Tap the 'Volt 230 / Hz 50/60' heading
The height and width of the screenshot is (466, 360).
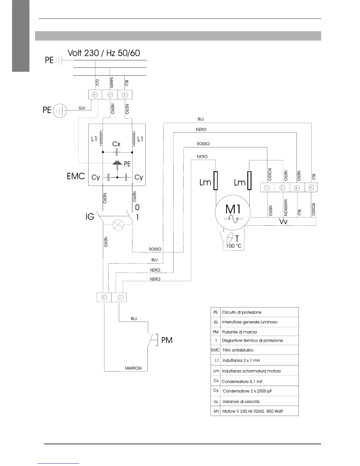click(104, 53)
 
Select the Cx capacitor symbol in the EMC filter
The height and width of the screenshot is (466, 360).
click(117, 152)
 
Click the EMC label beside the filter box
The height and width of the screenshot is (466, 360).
click(76, 176)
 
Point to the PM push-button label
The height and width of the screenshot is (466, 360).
click(167, 340)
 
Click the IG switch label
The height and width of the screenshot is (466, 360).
click(90, 217)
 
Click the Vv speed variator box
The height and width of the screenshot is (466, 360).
click(283, 222)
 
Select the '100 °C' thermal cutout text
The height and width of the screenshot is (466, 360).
click(234, 246)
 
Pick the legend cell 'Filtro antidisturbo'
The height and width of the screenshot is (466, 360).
click(238, 350)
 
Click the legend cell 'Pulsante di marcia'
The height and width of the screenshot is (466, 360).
click(239, 332)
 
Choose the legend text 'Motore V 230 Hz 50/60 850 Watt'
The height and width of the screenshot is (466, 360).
click(252, 411)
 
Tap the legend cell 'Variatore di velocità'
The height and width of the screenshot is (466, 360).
click(241, 402)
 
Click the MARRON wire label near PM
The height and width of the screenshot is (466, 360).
click(133, 368)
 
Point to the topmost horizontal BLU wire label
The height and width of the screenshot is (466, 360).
click(201, 119)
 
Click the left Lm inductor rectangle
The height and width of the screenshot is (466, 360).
click(216, 181)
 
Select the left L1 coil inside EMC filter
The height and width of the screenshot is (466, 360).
click(101, 139)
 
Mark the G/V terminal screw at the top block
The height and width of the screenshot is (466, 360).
click(95, 95)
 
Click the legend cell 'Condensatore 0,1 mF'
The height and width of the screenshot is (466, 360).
click(242, 382)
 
